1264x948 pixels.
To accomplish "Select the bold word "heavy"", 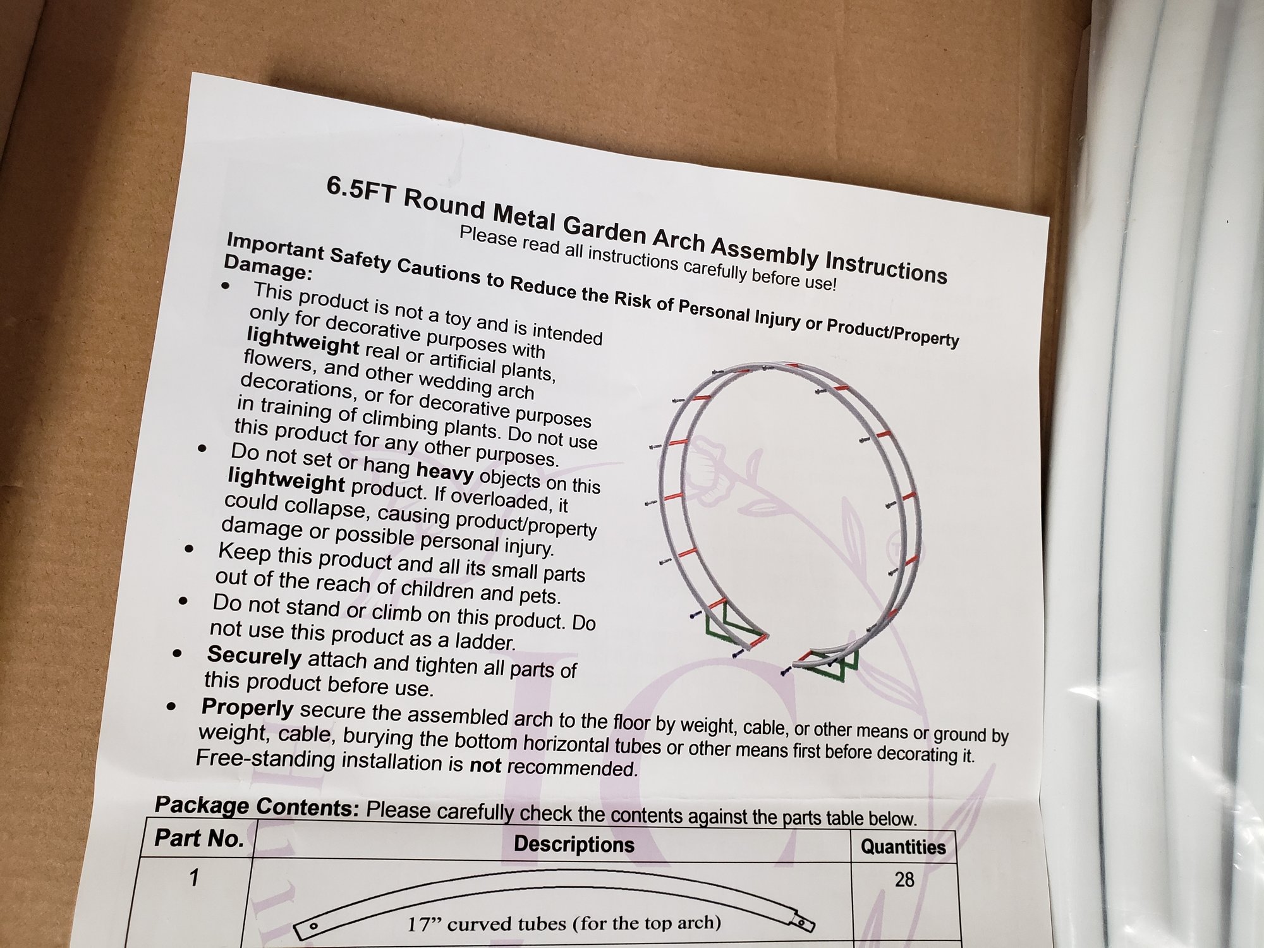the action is pyautogui.click(x=444, y=471).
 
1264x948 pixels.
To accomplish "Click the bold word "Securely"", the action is pyautogui.click(x=254, y=656).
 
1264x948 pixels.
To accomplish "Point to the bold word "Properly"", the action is pyautogui.click(x=247, y=708).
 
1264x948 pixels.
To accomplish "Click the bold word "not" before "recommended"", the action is pyautogui.click(x=485, y=765).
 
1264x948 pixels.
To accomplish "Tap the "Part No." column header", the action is pyautogui.click(x=199, y=839).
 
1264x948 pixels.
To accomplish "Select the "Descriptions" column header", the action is pyautogui.click(x=574, y=844).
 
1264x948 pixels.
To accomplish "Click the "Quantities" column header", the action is pyautogui.click(x=903, y=847).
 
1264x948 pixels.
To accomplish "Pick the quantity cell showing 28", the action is pyautogui.click(x=904, y=879).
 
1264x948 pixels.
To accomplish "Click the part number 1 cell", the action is pyautogui.click(x=194, y=877).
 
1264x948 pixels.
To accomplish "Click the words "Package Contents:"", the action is pyautogui.click(x=257, y=806).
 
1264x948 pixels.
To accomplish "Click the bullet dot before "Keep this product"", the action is pyautogui.click(x=189, y=549).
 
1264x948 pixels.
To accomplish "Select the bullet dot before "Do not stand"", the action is pyautogui.click(x=183, y=600).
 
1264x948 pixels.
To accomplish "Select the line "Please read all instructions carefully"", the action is pyautogui.click(x=648, y=258).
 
